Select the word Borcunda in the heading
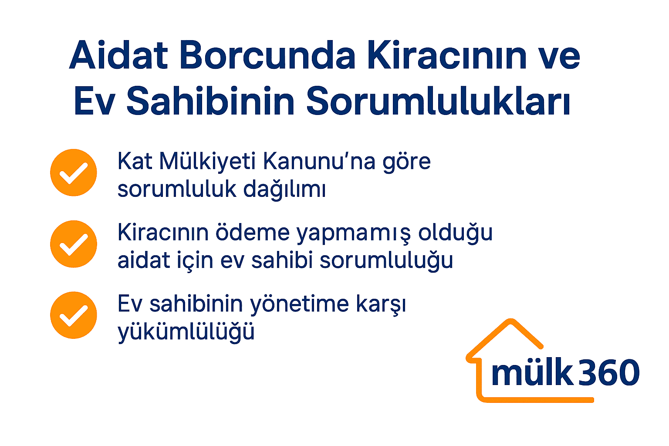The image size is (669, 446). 267,55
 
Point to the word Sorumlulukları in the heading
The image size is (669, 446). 438,101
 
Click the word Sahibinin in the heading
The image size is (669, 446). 210,101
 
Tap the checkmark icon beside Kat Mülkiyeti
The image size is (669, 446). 74,173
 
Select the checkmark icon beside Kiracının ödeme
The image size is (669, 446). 74,244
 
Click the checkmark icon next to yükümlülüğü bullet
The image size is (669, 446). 74,315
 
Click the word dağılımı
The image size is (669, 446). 284,190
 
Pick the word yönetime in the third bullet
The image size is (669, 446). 299,304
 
